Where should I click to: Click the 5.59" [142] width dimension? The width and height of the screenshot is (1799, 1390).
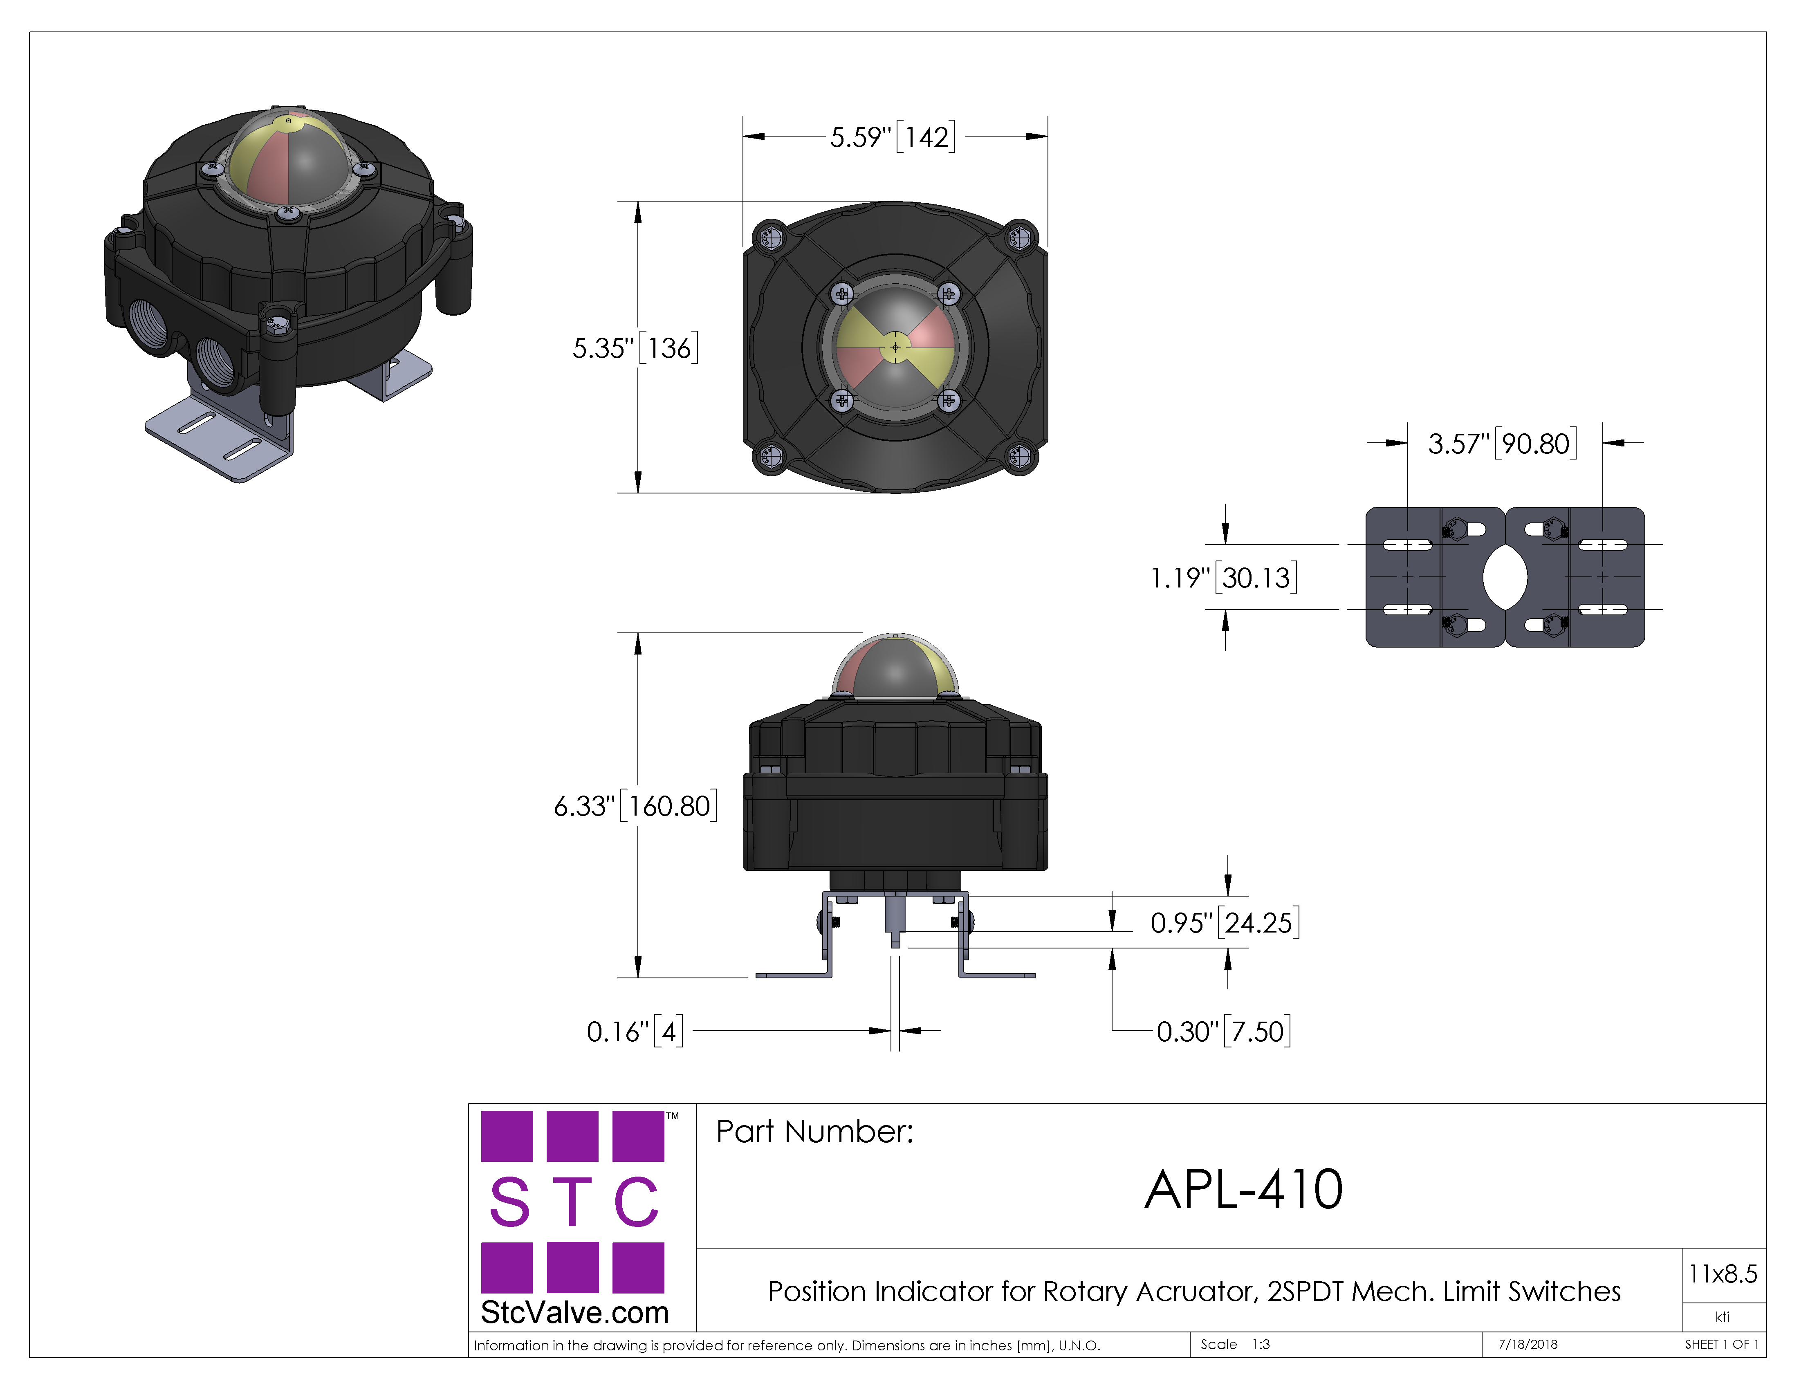[x=893, y=137]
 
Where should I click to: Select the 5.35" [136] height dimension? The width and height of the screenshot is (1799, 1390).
[x=635, y=347]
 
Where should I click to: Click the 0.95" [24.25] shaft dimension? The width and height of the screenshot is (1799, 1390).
[x=1225, y=922]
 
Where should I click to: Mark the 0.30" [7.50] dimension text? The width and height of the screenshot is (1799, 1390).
[x=1223, y=1031]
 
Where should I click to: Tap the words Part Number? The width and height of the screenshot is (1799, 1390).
[x=814, y=1132]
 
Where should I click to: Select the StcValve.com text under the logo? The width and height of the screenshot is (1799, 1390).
[x=574, y=1312]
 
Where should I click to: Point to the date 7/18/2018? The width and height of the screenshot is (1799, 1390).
[x=1528, y=1344]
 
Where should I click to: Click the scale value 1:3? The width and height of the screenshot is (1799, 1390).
[x=1260, y=1344]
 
